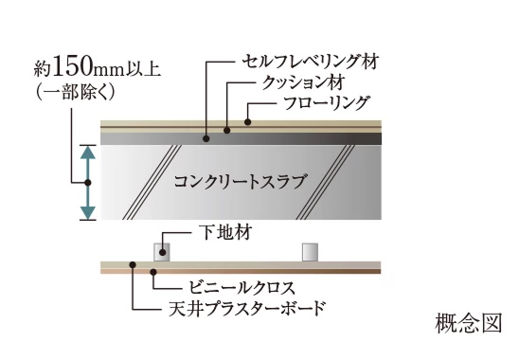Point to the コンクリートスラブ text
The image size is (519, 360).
coord(241,181)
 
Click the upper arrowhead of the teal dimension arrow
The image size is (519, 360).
coord(87,151)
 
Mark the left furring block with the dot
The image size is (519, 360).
coord(163,251)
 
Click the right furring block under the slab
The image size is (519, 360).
coord(311,251)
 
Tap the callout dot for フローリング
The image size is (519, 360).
coord(247,122)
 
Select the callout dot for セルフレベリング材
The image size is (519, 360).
coord(207,138)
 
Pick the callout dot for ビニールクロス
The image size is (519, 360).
coord(155,271)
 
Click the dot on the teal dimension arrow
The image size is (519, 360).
coord(87,181)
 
